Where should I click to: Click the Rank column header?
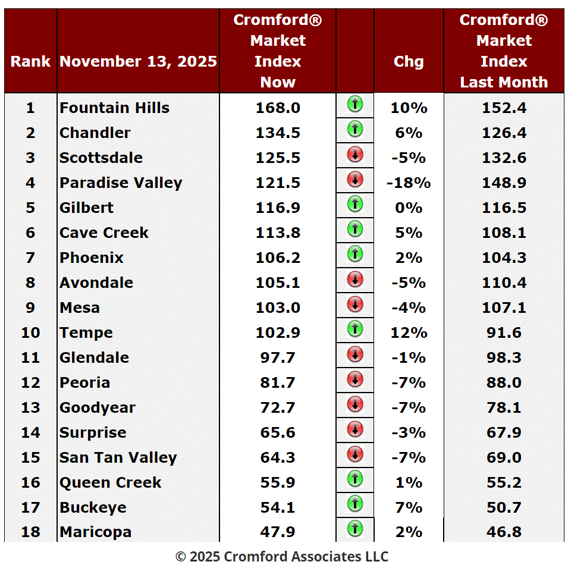[x=30, y=61]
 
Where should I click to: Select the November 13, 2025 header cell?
[x=138, y=61]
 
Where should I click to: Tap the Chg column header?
[x=409, y=61]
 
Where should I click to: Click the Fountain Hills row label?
[x=114, y=108]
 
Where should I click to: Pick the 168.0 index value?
[x=278, y=108]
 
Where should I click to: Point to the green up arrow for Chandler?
[x=354, y=129]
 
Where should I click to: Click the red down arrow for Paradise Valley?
[x=354, y=179]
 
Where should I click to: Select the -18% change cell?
[x=409, y=183]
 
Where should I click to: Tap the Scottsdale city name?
[x=101, y=158]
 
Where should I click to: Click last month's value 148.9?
[x=504, y=183]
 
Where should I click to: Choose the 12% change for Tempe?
[x=409, y=332]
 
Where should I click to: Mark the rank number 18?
[x=30, y=532]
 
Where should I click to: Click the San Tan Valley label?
[x=118, y=457]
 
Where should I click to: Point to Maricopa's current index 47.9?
[x=278, y=532]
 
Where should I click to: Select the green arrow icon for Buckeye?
[x=354, y=504]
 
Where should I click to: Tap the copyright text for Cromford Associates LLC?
[x=282, y=557]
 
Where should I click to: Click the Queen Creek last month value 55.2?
[x=504, y=482]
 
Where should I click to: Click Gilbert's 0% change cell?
[x=409, y=208]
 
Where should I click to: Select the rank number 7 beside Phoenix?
[x=30, y=258]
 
